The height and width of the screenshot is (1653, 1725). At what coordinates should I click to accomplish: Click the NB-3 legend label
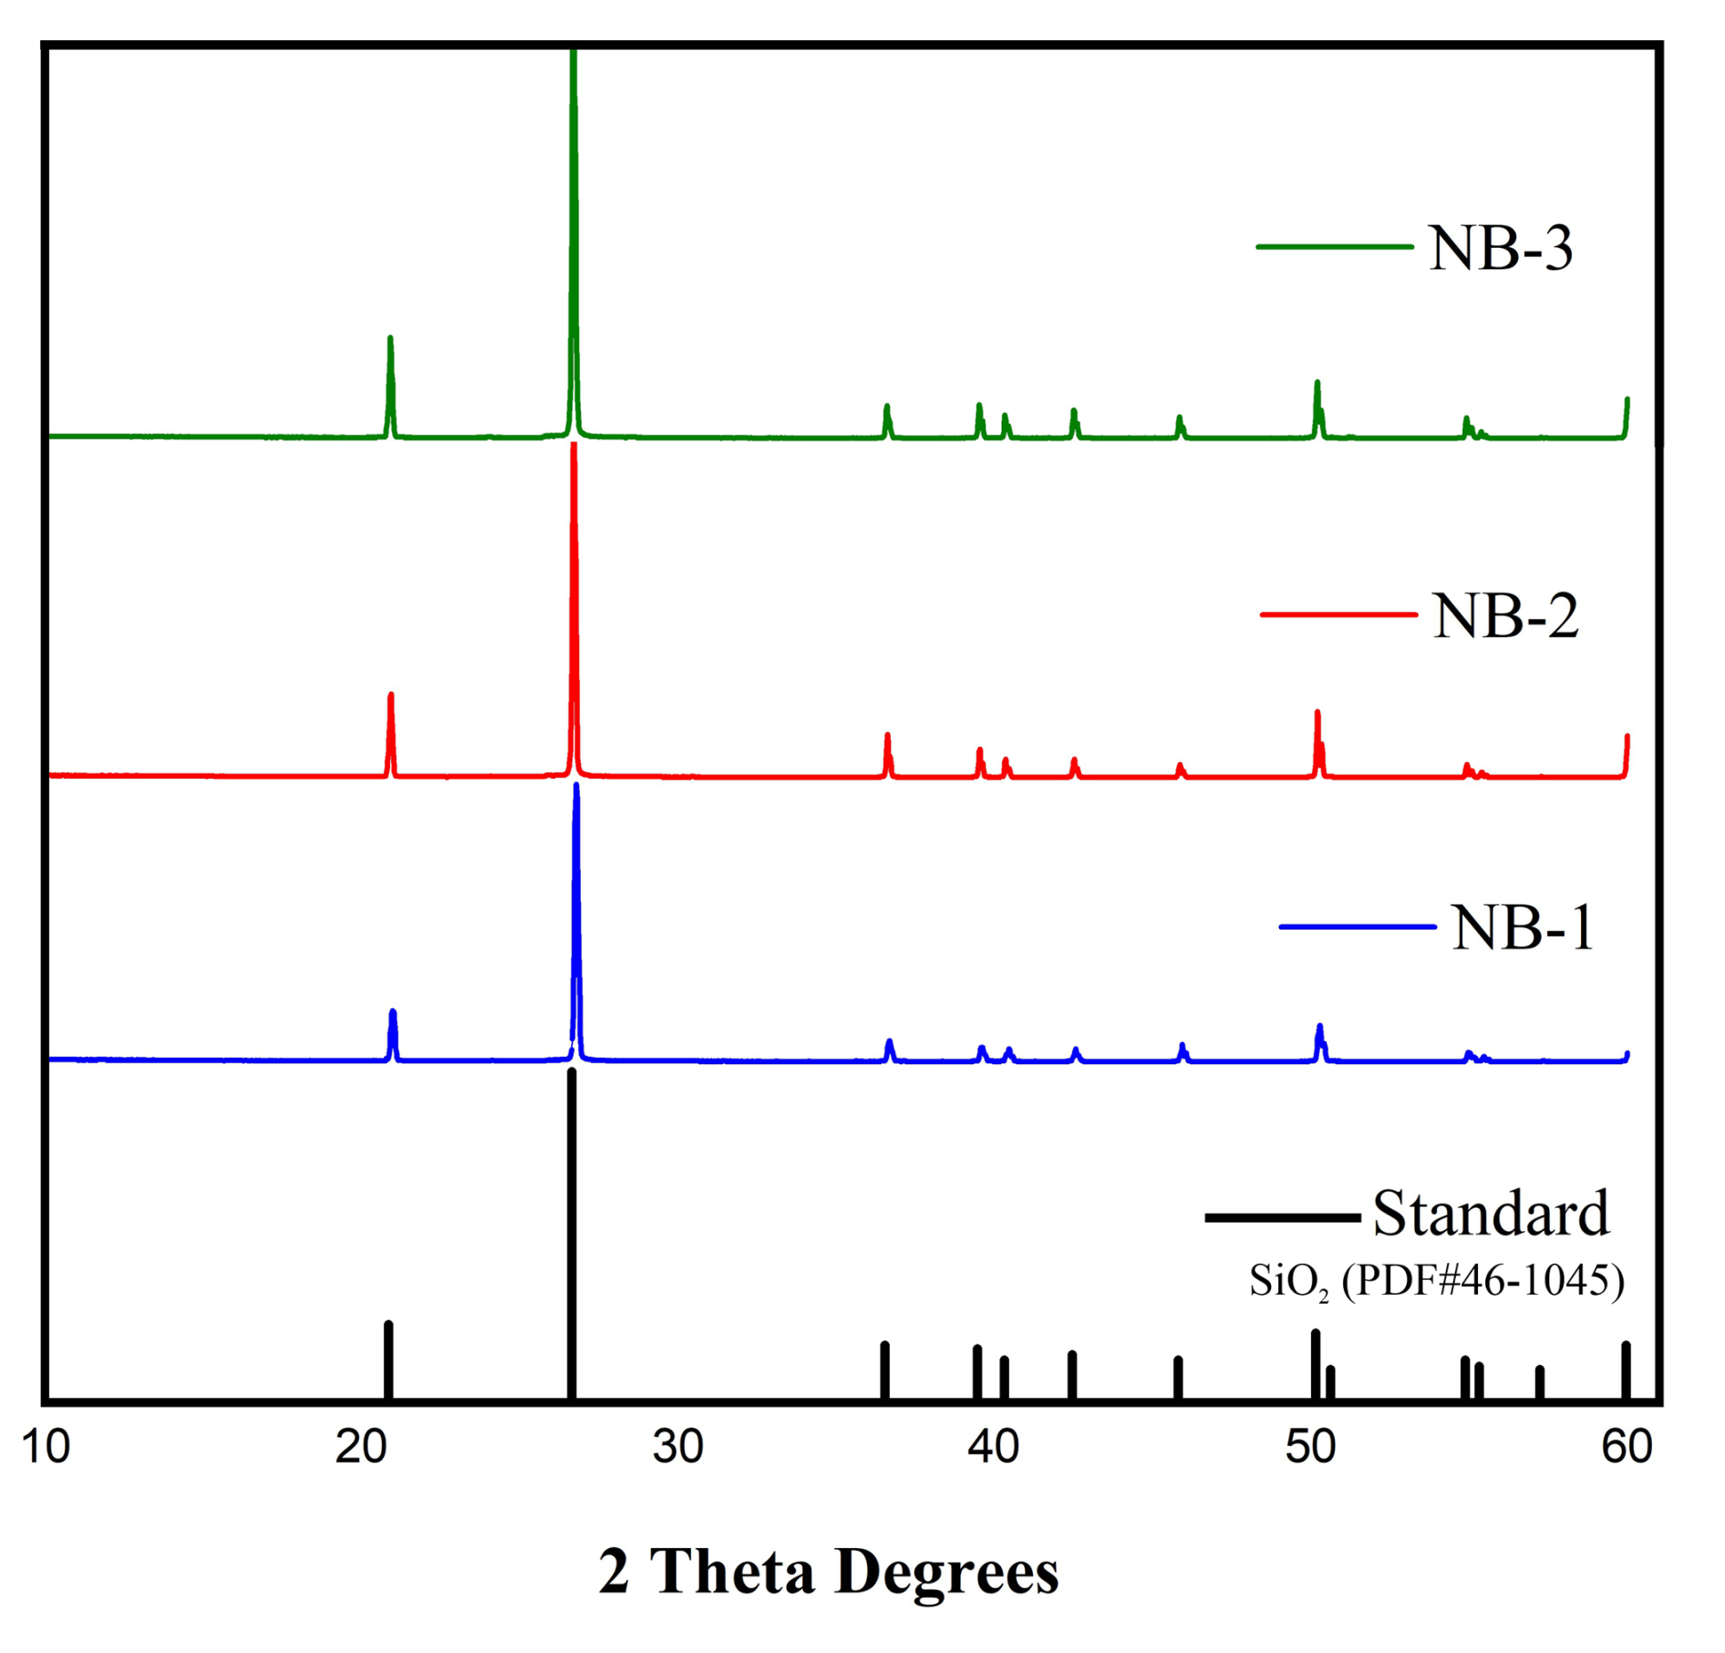pos(1501,248)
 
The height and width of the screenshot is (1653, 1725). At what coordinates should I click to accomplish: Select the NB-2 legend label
pos(1505,616)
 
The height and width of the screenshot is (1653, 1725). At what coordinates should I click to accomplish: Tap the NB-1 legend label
pos(1523,928)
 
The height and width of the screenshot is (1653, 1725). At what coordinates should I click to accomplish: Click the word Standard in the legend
pos(1491,1214)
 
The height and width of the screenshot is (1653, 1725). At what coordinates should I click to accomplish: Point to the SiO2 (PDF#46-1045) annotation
pos(1436,1281)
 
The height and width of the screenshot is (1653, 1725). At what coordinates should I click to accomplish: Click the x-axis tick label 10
pos(45,1447)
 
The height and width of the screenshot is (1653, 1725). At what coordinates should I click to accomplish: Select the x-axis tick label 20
pos(361,1447)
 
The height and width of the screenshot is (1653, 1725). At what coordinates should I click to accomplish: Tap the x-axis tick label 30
pos(677,1447)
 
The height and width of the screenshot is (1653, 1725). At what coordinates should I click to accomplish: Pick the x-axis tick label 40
pos(994,1447)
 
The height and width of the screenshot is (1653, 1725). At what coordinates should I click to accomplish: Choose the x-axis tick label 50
pos(1310,1447)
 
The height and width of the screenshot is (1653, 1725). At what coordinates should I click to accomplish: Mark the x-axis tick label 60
pos(1627,1447)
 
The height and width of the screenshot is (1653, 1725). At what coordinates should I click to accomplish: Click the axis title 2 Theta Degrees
pos(828,1572)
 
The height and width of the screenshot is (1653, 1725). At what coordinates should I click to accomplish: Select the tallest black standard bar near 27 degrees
pos(572,1231)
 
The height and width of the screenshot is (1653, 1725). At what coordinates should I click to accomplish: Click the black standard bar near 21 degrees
pos(388,1359)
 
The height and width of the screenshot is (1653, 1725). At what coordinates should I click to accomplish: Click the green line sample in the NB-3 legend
pos(1334,247)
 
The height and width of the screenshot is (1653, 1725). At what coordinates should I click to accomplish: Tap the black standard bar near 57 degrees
pos(1540,1382)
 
